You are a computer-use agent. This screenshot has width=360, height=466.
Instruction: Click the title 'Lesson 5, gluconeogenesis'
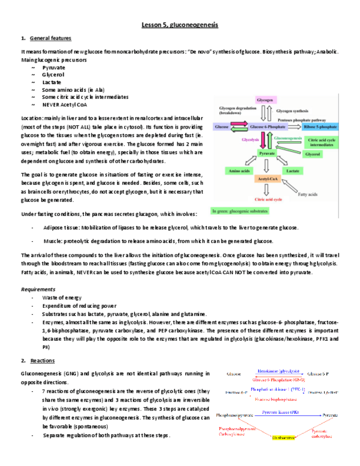pos(180,25)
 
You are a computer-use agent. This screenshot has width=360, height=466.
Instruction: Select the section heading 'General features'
pos(51,38)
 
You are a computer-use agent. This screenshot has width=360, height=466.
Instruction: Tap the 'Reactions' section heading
pos(42,360)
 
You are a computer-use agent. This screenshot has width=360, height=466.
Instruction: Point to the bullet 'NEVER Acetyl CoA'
pos(64,104)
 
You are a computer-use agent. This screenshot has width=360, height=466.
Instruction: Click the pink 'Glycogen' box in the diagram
pos(265,101)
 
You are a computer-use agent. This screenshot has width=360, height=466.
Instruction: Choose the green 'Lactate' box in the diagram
pos(292,171)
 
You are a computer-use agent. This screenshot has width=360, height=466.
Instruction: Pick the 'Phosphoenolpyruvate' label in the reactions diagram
pos(234,415)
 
